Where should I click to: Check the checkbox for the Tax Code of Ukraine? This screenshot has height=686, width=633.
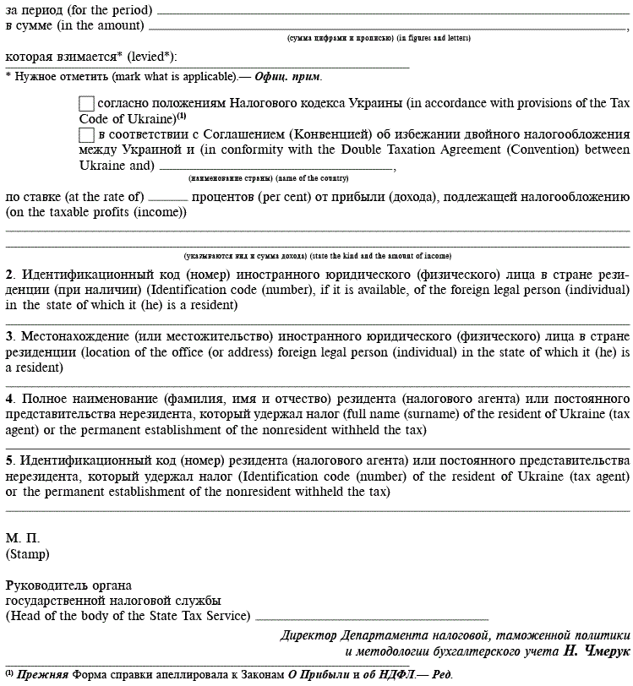86,104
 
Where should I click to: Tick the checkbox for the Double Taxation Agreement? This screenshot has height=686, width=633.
86,135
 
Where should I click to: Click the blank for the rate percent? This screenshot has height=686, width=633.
167,199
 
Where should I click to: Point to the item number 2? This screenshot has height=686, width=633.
9,275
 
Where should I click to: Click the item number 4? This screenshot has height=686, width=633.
9,399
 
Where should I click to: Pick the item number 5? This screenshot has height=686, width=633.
9,460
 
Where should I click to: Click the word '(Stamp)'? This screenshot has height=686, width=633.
27,555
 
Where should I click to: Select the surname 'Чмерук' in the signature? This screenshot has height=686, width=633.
601,652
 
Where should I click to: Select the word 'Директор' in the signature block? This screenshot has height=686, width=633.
309,635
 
